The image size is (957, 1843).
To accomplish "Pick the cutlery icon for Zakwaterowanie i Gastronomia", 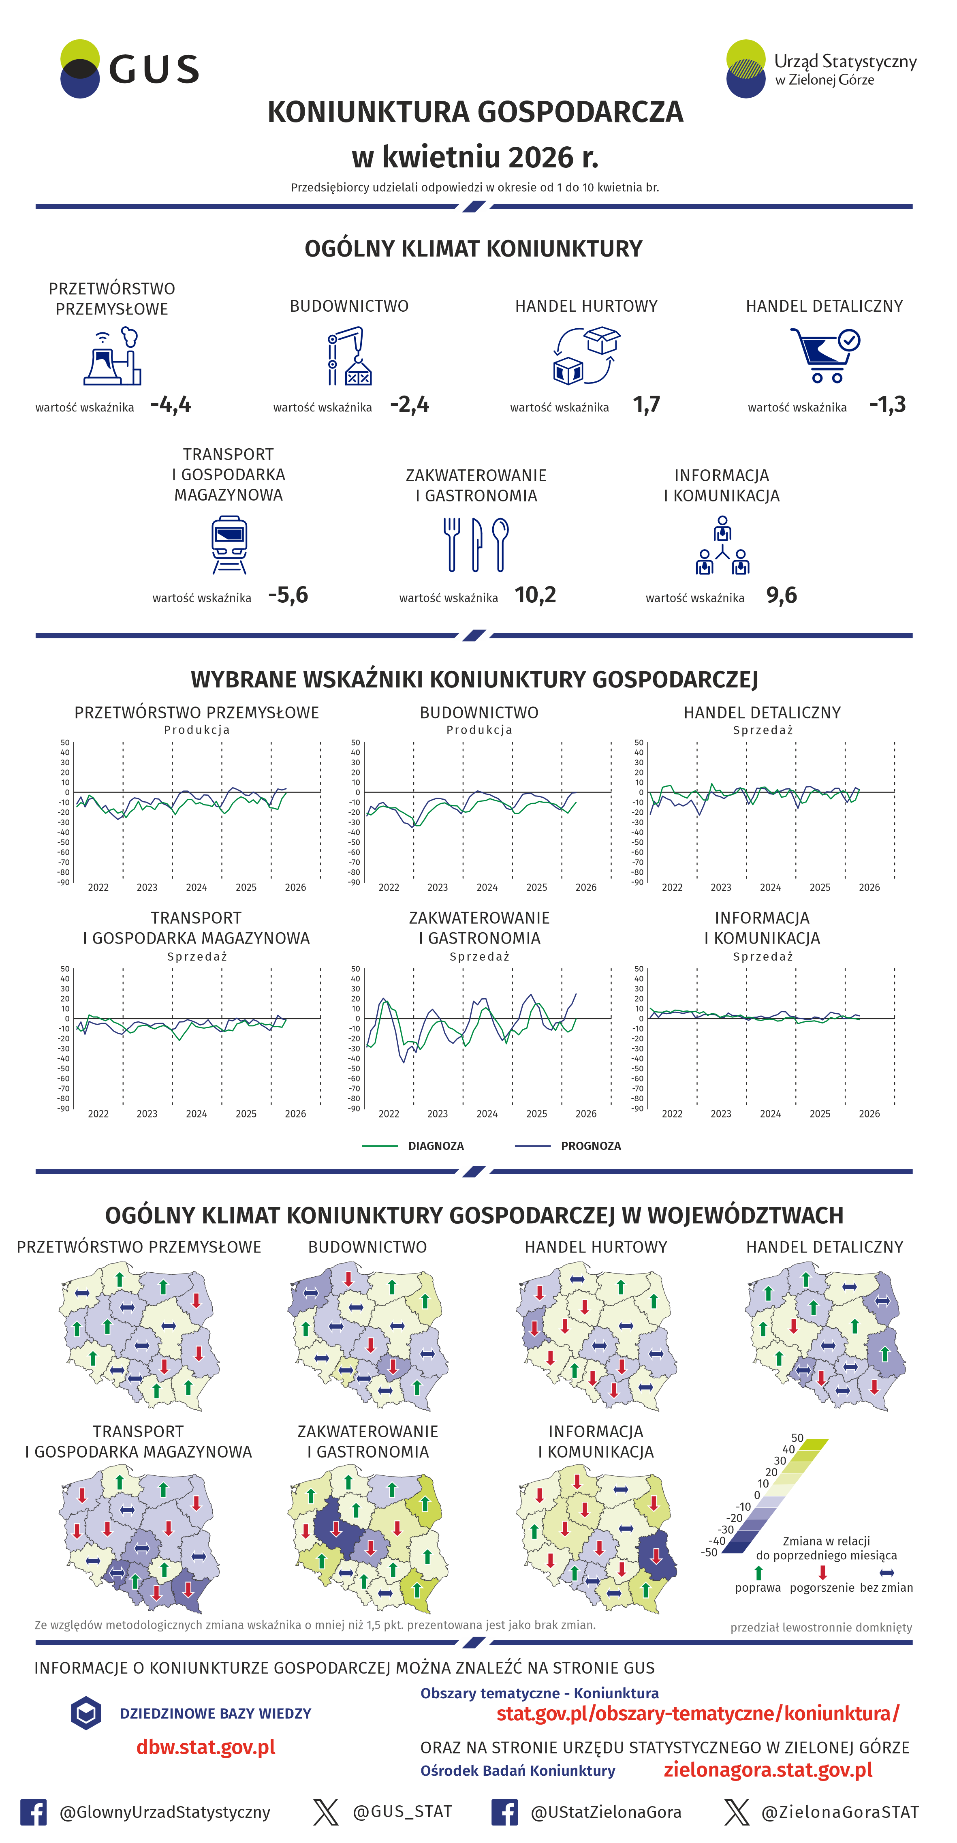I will click(x=476, y=544).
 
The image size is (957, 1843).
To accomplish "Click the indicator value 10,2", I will click(x=535, y=595).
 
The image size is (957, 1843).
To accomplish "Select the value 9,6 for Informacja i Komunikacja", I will click(x=781, y=595).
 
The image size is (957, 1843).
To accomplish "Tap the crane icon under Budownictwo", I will click(x=349, y=355).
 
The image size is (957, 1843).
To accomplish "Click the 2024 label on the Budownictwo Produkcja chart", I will click(x=487, y=887).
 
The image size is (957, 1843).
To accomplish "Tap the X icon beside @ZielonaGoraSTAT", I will click(x=736, y=1812).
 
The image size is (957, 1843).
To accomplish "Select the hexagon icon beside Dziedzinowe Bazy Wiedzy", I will click(x=86, y=1713).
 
